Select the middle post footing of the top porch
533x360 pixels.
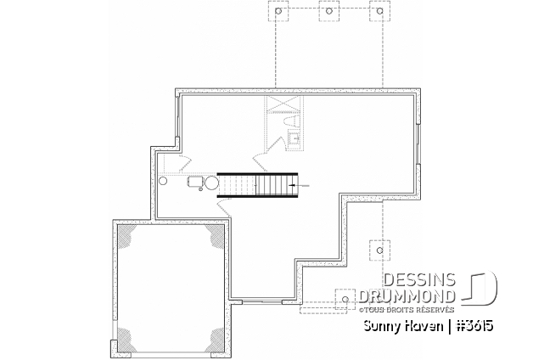tap(327, 13)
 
